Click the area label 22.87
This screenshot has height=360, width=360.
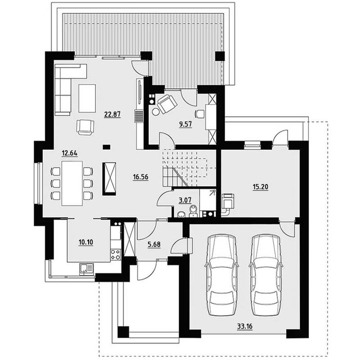click(x=112, y=114)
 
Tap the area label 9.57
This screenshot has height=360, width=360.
click(x=185, y=124)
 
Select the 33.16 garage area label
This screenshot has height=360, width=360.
click(x=245, y=326)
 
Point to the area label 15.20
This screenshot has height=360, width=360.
click(x=261, y=187)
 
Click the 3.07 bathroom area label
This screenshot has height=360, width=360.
click(x=185, y=200)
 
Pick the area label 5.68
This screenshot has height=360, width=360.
click(x=154, y=244)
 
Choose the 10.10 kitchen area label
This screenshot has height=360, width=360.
click(x=86, y=242)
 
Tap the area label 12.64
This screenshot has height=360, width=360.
click(x=70, y=153)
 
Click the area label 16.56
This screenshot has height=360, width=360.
click(x=140, y=177)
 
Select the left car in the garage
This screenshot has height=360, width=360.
click(x=222, y=275)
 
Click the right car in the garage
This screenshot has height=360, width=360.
click(x=266, y=275)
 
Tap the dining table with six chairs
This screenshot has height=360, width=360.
click(x=72, y=184)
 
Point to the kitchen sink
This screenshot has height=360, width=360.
click(x=86, y=269)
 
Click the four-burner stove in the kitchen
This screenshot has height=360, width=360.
click(x=116, y=255)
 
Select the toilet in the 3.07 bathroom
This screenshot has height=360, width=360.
click(x=193, y=211)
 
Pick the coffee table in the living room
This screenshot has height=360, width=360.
click(x=87, y=98)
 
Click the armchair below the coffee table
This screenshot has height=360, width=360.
click(x=85, y=127)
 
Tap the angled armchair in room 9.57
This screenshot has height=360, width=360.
click(x=167, y=104)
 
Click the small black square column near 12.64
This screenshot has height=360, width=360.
click(x=106, y=147)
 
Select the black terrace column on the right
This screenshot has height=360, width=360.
click(x=220, y=56)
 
